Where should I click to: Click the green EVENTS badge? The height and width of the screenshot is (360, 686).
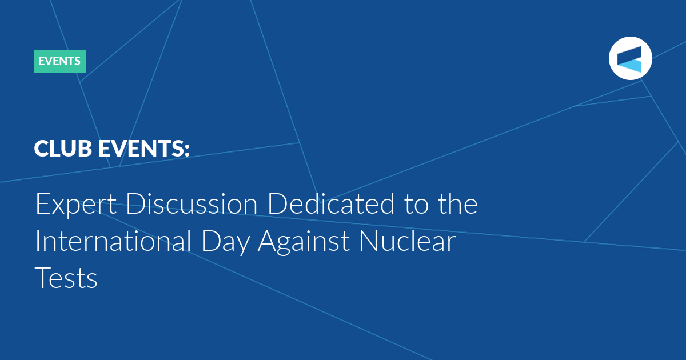point(60,61)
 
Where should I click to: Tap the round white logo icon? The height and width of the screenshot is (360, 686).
point(630,58)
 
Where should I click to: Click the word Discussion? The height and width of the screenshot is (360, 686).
point(192,203)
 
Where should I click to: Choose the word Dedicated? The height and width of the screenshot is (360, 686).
point(331,203)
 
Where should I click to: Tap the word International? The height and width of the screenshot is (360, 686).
point(113,241)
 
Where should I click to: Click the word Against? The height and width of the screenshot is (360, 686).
point(304,242)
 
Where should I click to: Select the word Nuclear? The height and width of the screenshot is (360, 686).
point(408,241)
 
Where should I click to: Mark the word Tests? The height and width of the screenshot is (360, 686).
point(66,277)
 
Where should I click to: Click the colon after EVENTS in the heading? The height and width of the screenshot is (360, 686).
point(187,150)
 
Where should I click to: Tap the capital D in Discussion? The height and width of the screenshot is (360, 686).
point(136,203)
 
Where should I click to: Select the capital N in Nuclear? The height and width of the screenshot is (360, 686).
point(369,241)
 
